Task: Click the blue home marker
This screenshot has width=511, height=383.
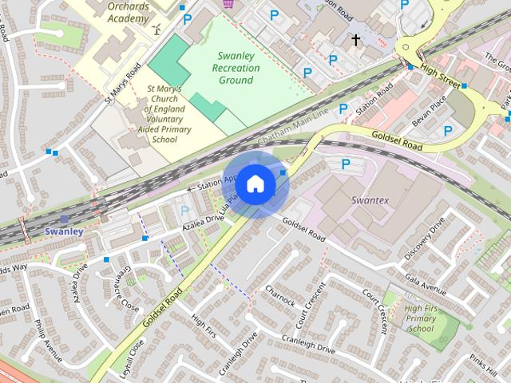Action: point(254,184)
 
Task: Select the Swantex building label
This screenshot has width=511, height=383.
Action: point(370,199)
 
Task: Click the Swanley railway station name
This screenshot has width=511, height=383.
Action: point(64,231)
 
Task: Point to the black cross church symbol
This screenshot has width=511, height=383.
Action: point(355,38)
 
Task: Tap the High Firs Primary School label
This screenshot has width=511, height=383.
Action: point(421,318)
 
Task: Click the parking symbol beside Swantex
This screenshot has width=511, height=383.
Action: point(346,164)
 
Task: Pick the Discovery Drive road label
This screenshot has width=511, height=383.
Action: point(424,238)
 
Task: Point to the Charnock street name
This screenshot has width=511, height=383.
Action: point(280,297)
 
